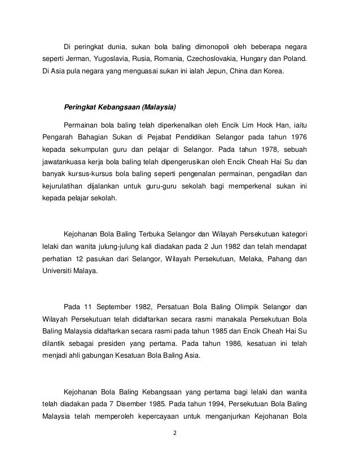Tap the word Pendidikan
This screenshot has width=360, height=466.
coord(197,138)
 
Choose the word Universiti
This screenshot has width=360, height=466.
coord(59,274)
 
